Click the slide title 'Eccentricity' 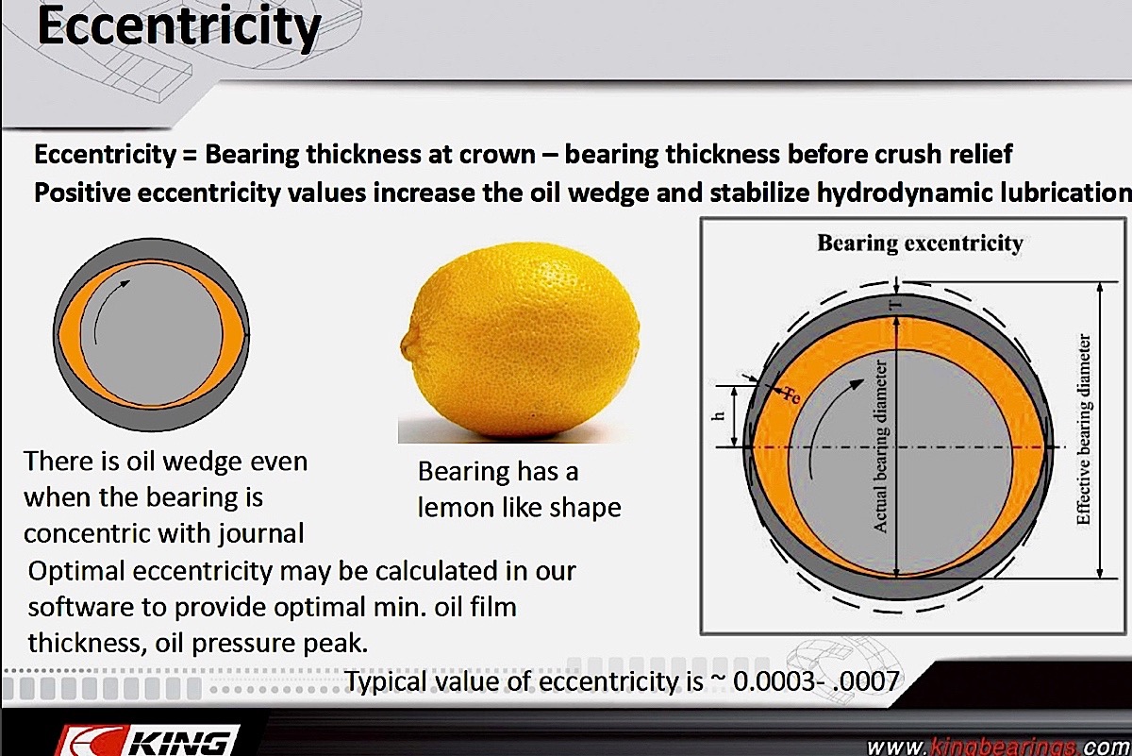[179, 27]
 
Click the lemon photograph [520, 342]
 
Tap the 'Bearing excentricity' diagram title [920, 244]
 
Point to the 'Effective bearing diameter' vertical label [1084, 429]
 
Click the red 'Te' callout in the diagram [791, 395]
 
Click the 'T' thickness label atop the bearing [896, 306]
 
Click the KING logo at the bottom [146, 741]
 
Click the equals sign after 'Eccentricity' [190, 155]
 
